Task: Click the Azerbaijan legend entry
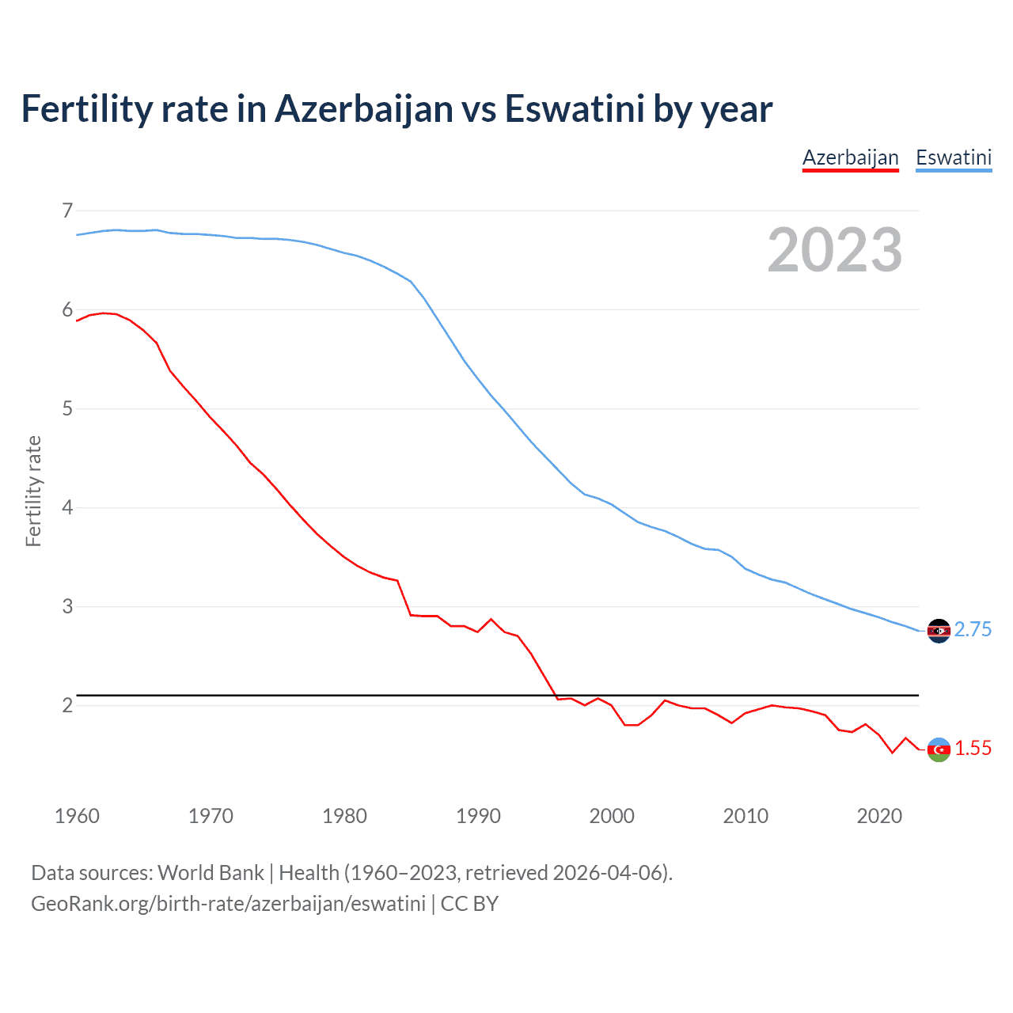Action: [x=850, y=157]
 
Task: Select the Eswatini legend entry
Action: [x=953, y=157]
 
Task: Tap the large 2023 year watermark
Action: [x=835, y=250]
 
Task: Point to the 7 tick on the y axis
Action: [x=67, y=211]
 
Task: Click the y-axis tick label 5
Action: [x=67, y=408]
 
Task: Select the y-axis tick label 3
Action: [x=67, y=606]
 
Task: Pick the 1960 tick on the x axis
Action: [x=77, y=816]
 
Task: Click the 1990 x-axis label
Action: [x=478, y=816]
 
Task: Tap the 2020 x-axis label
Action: [x=879, y=816]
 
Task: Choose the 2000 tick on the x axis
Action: [x=612, y=816]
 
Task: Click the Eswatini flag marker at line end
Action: [x=939, y=631]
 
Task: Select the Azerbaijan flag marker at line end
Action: [x=939, y=749]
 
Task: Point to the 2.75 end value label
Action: [x=973, y=629]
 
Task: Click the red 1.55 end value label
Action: [x=973, y=748]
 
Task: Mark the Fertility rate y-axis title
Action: [x=33, y=491]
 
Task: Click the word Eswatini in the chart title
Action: [x=575, y=108]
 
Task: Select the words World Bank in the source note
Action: [x=211, y=872]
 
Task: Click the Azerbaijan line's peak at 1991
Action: [x=491, y=619]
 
